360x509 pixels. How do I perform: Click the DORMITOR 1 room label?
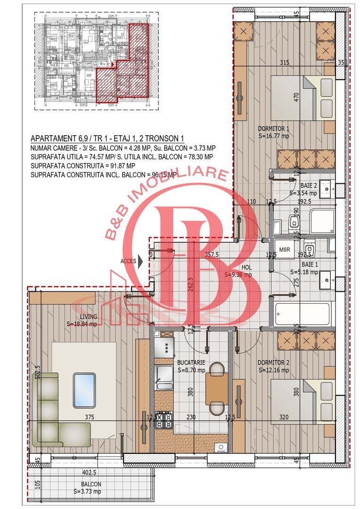(x=273, y=129)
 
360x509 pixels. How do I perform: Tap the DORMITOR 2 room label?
(x=273, y=363)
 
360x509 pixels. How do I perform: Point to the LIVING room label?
(x=83, y=317)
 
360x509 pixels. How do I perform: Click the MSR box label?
(x=285, y=249)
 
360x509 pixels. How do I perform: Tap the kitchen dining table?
(x=217, y=389)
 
